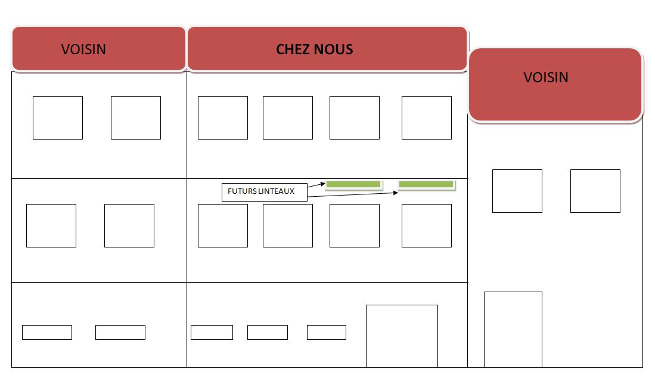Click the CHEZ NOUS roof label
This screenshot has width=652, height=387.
tap(314, 49)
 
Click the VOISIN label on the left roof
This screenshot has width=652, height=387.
tap(83, 49)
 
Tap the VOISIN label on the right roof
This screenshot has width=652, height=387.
tap(546, 78)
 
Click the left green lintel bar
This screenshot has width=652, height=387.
tap(353, 184)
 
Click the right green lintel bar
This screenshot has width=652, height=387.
tap(426, 184)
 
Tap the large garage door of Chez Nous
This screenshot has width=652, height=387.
tap(402, 336)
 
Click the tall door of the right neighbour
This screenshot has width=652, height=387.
tap(513, 329)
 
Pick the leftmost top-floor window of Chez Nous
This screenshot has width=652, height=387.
tap(222, 117)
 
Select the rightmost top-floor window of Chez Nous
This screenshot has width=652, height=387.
tap(426, 117)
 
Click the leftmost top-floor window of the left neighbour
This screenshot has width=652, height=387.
tap(57, 117)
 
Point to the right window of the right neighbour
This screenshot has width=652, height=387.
tap(595, 191)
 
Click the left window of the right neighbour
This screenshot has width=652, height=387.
tap(517, 191)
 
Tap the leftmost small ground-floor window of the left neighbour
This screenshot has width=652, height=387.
tap(46, 332)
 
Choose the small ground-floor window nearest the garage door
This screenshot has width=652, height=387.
tap(326, 332)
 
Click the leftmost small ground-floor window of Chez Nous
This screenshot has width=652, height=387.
tap(212, 332)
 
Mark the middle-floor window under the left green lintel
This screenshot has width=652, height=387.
tap(354, 225)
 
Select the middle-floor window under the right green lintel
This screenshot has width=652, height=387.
tap(426, 225)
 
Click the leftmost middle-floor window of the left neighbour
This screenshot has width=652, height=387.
tap(51, 225)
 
